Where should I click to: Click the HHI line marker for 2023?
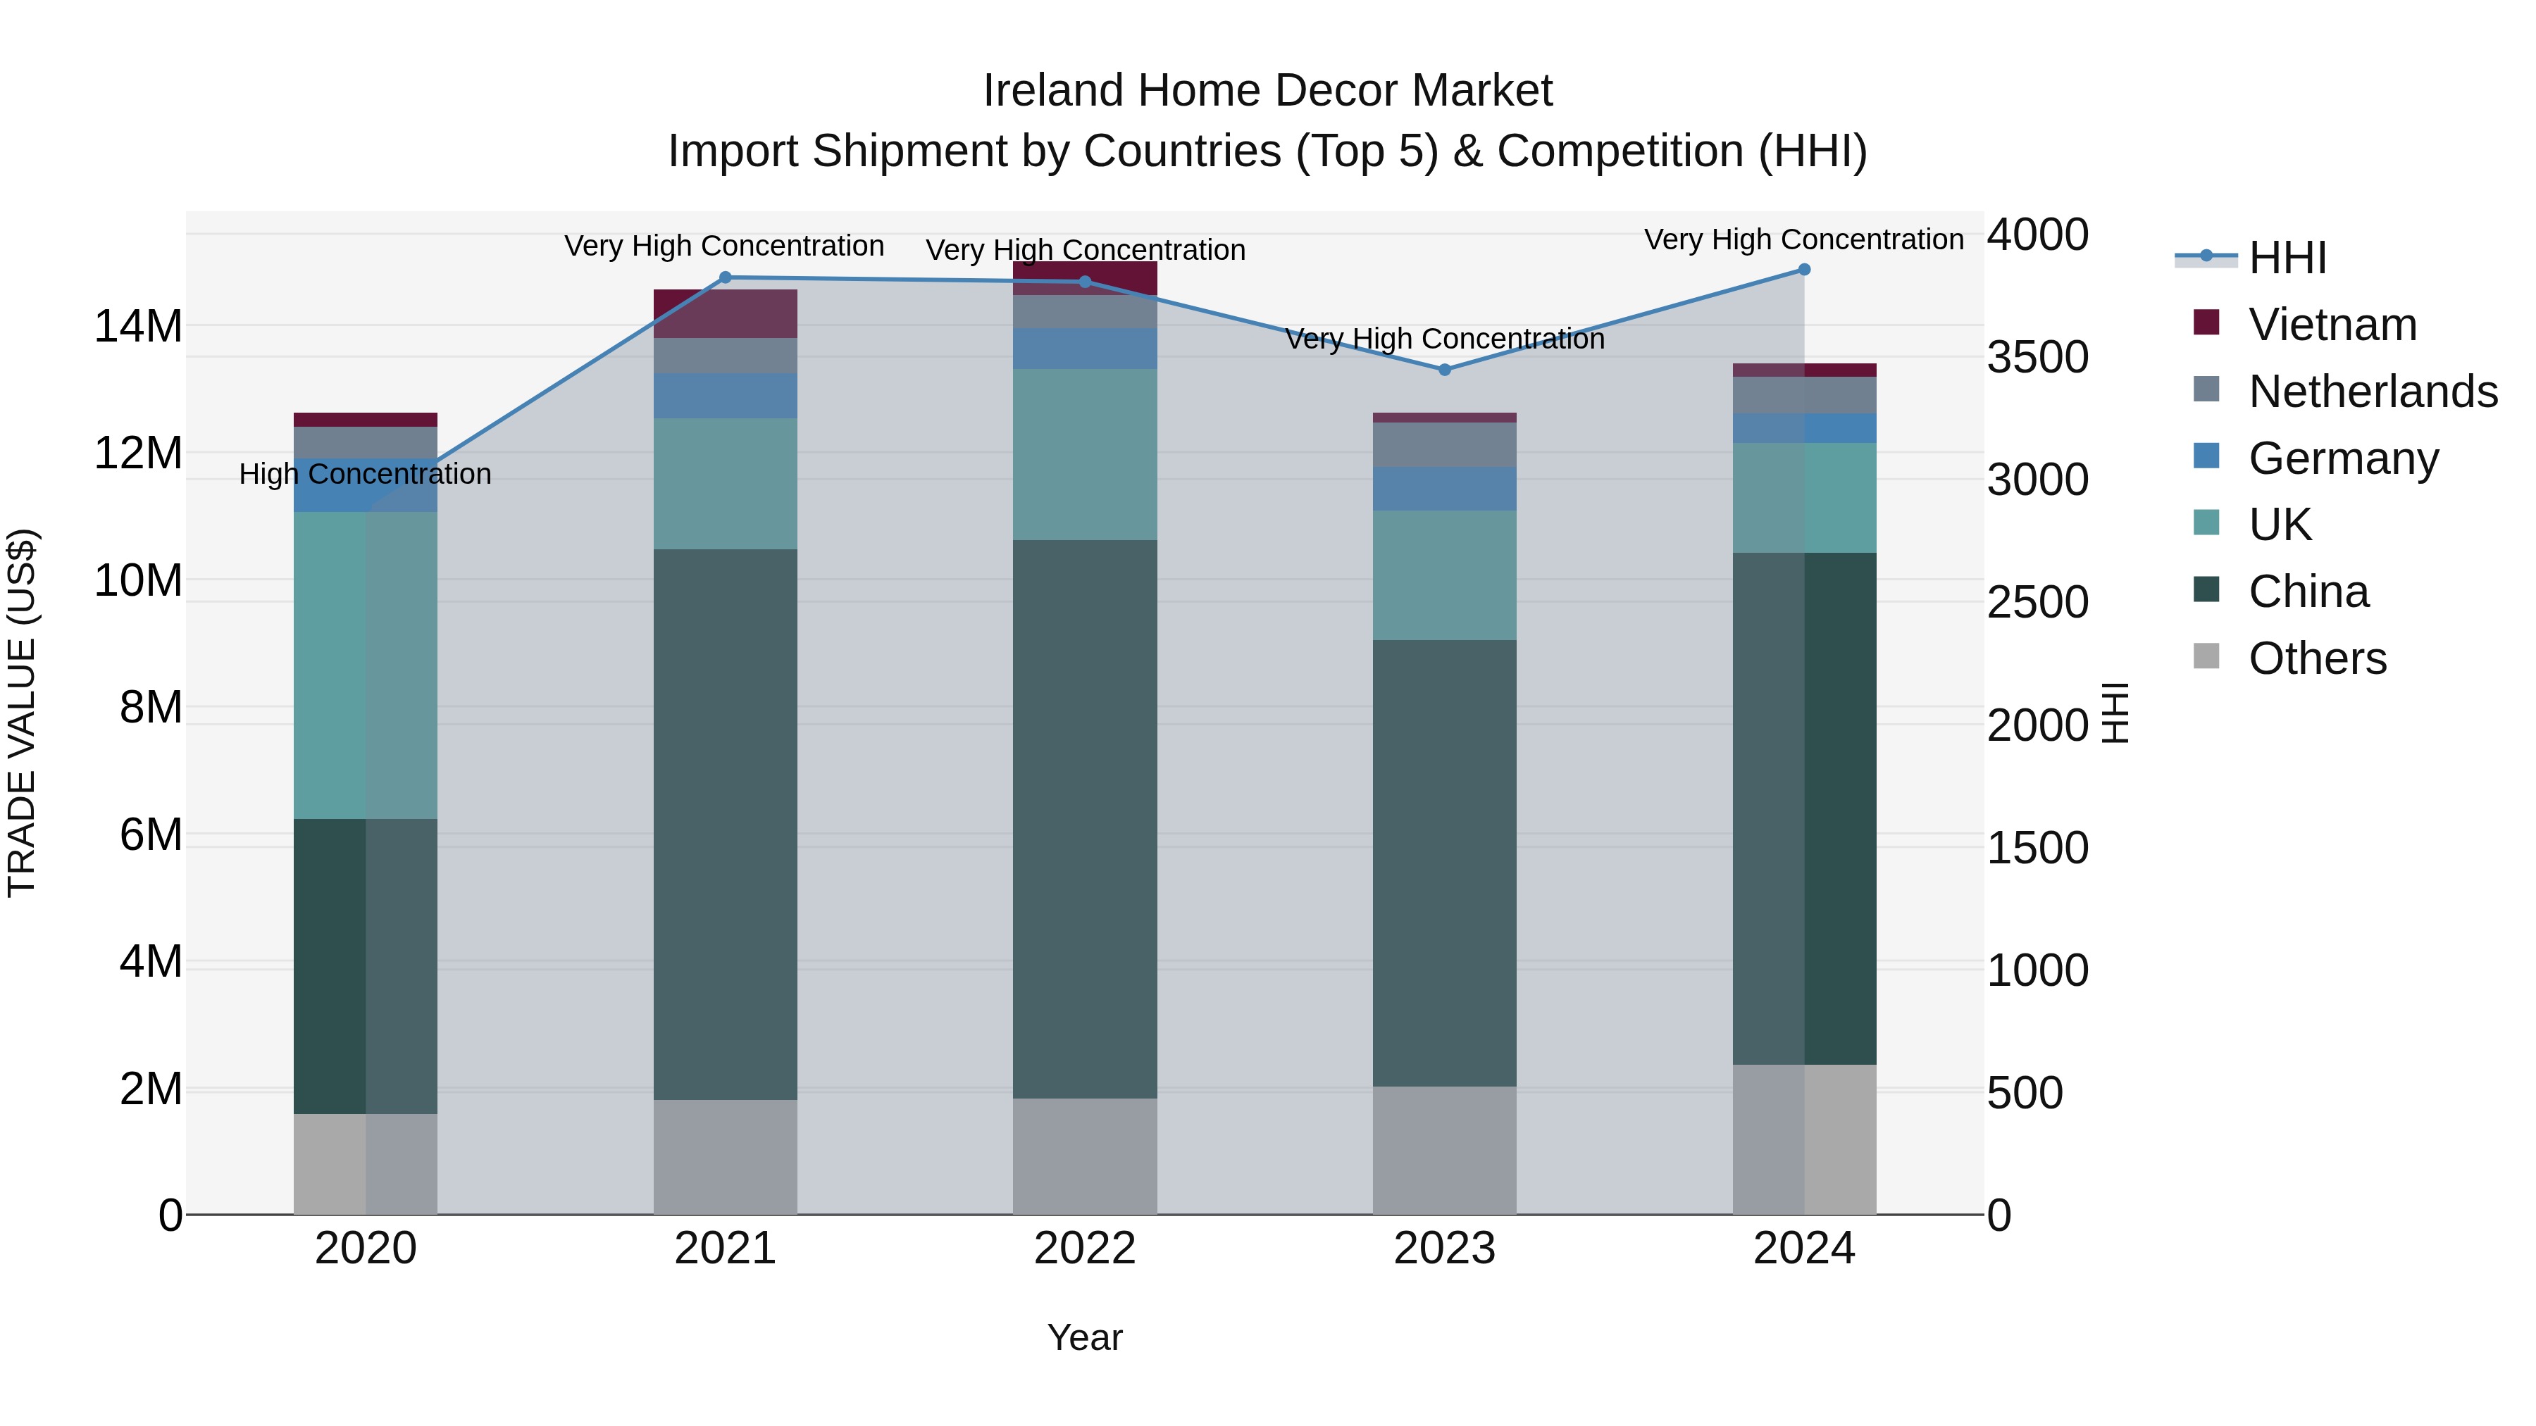coord(1444,370)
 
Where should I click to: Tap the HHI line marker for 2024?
coord(1803,270)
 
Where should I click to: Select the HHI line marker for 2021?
coord(726,277)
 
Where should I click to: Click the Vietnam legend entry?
coord(2331,325)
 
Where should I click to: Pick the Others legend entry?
coord(2316,658)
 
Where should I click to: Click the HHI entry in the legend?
coord(2287,258)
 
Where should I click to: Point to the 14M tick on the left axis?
coord(138,326)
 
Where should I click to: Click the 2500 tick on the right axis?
coord(2037,602)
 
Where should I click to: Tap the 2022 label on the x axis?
coord(1085,1249)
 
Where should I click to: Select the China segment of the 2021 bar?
coord(726,824)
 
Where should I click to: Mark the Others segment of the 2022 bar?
coord(1085,1156)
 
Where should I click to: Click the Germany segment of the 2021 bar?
coord(726,396)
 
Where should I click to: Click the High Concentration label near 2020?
coord(364,475)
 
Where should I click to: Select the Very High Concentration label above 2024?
coord(1803,240)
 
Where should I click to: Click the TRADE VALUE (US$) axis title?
coord(22,713)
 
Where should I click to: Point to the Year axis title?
coord(1084,1337)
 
